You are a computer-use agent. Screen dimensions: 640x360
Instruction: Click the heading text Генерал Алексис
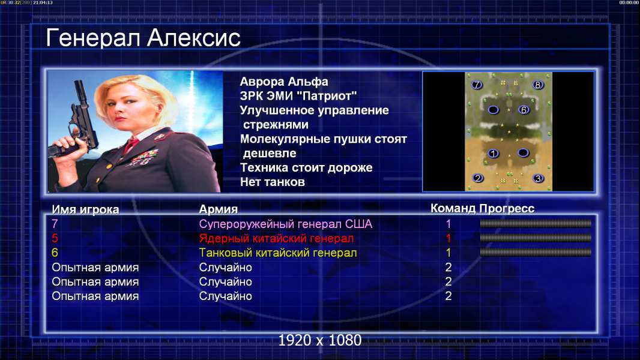tap(143, 38)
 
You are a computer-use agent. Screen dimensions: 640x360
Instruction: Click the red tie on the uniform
tap(131, 145)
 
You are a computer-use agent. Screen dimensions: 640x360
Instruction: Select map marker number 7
tap(476, 85)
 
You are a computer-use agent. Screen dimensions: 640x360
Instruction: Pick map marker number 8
tap(537, 85)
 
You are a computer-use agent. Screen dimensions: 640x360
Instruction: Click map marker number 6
tap(524, 110)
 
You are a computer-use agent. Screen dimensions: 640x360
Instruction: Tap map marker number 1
tap(493, 153)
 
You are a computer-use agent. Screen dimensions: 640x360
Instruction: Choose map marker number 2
tap(477, 178)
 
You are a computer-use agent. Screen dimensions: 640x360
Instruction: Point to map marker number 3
tap(538, 179)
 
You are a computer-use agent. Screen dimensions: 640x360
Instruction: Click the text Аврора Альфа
tap(283, 82)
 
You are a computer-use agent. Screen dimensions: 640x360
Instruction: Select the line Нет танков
tap(272, 182)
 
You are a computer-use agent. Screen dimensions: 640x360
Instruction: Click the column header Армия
tap(218, 209)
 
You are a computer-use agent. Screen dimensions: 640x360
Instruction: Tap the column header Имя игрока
tap(85, 209)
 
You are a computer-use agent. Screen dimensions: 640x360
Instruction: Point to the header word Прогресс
tap(507, 208)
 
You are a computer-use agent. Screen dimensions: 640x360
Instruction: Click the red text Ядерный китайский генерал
tap(276, 238)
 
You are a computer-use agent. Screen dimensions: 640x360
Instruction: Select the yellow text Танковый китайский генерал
tap(278, 253)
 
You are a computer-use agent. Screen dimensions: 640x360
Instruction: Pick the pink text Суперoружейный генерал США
tap(286, 224)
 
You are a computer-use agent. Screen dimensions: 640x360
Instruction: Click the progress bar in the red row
tap(536, 238)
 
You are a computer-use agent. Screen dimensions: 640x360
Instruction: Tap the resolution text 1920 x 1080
tap(319, 340)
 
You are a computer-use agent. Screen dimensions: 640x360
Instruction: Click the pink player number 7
tap(55, 224)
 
